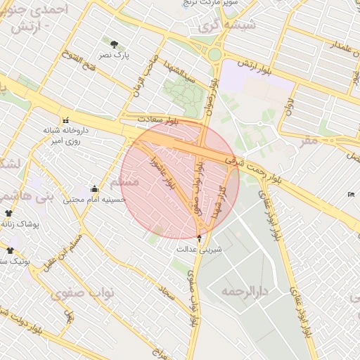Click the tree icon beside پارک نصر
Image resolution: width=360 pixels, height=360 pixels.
pos(114,44)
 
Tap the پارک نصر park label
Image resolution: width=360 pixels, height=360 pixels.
pos(114,55)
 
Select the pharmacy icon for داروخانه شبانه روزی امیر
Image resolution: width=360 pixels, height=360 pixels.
pos(66,120)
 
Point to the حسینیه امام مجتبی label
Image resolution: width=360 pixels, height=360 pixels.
pos(94,200)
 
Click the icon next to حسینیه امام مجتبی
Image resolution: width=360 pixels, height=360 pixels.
pos(94,188)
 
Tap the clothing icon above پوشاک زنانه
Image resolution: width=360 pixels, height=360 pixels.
pos(9,212)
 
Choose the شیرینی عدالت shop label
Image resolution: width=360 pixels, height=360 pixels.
pos(199,249)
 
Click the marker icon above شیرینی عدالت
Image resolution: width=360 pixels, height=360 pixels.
pos(199,238)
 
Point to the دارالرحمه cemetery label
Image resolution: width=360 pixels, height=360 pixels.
pos(245,290)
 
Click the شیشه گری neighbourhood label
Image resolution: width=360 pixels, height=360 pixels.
pos(228,26)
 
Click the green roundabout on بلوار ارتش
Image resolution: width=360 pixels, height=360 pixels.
pos(214,54)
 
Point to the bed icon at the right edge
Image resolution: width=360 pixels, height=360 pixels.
pos(351,194)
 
